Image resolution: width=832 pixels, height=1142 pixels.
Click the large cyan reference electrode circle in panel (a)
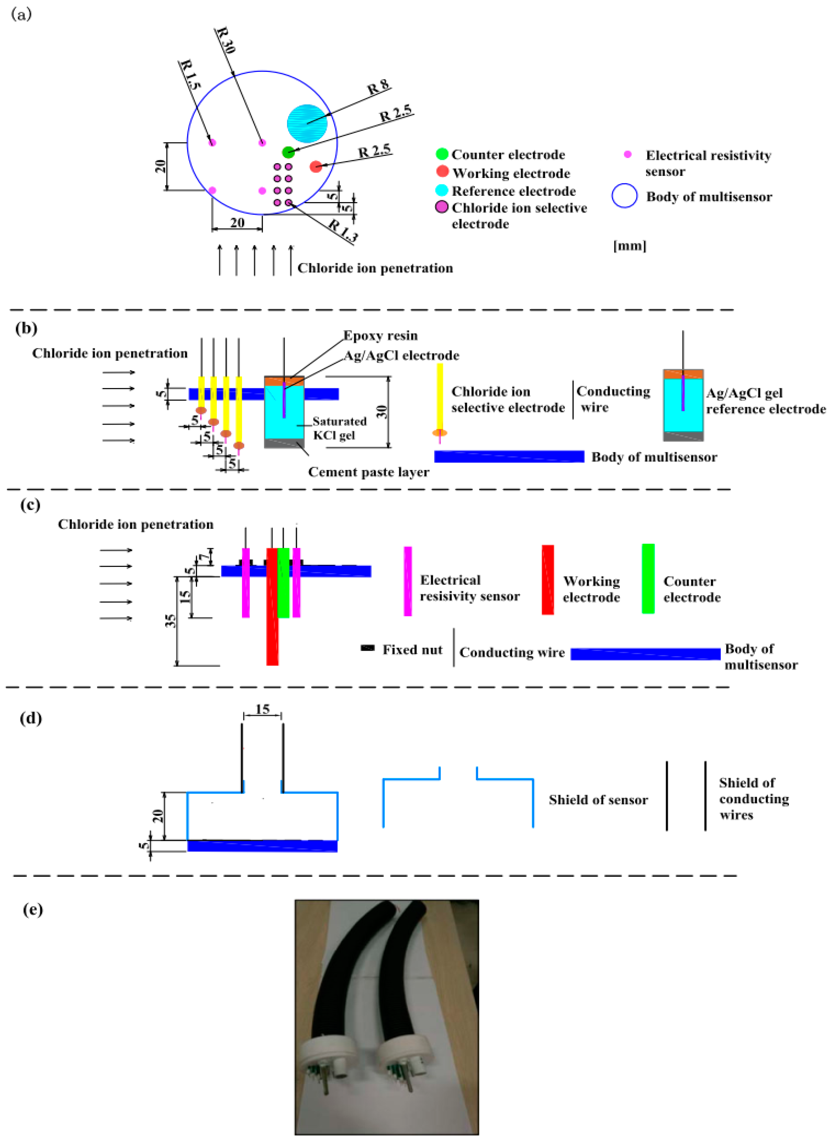click(x=307, y=123)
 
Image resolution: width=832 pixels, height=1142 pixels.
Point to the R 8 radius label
click(x=378, y=88)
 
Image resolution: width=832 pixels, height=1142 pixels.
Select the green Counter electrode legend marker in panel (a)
click(x=442, y=154)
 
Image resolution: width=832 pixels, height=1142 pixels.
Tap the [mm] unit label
click(x=629, y=246)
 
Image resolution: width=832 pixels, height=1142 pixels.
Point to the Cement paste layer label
click(x=369, y=472)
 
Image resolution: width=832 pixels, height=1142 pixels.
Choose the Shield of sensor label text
click(x=598, y=800)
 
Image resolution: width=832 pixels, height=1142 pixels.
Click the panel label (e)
click(x=33, y=910)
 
